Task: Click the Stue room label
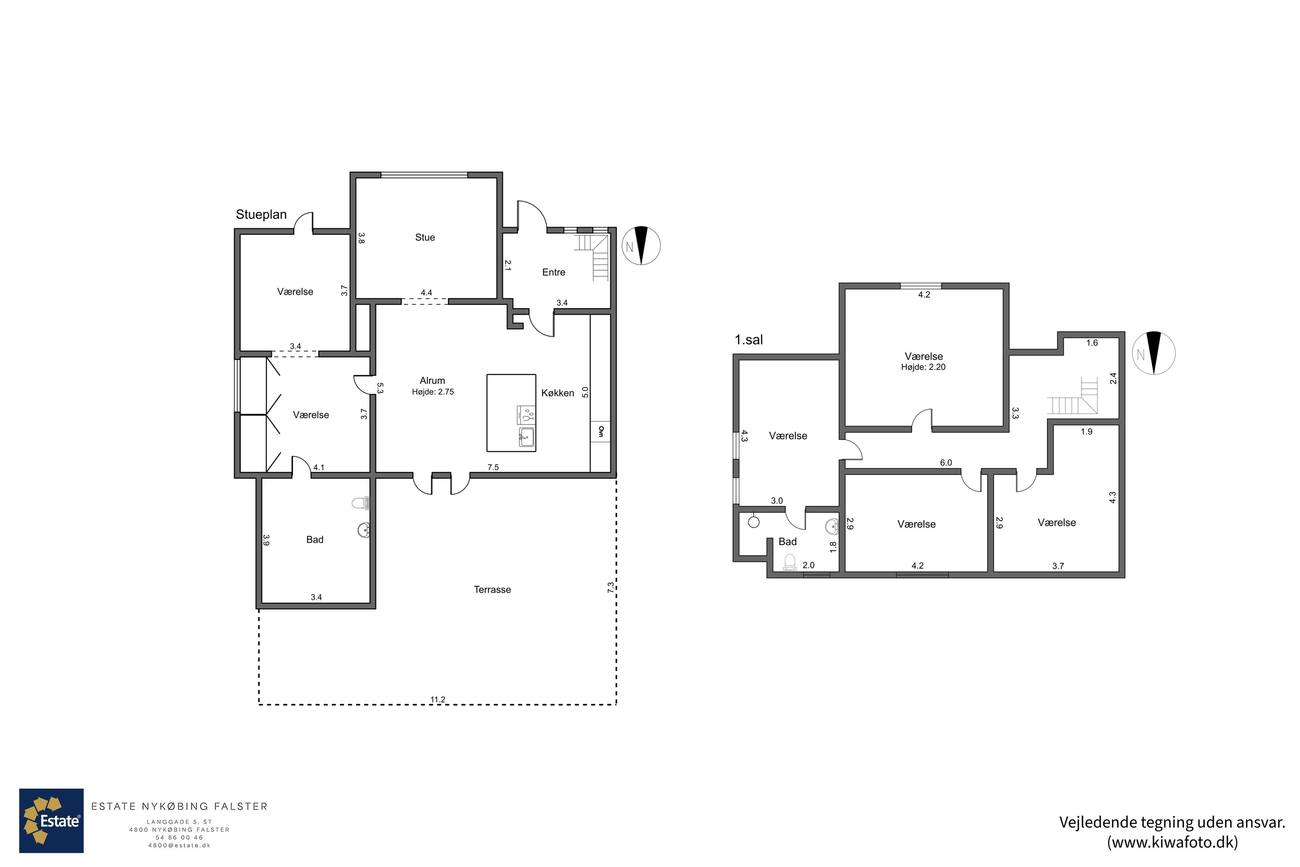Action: (425, 237)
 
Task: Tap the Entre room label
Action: (553, 272)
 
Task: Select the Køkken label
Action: (557, 393)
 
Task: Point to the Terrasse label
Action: (492, 590)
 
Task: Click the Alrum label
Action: (432, 381)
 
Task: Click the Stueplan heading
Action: (261, 215)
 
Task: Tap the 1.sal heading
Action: (748, 339)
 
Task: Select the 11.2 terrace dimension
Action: (438, 700)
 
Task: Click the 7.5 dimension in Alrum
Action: (493, 467)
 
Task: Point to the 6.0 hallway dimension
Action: (946, 463)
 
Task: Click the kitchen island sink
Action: (526, 437)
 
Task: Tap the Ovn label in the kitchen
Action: (601, 431)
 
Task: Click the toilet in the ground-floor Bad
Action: (361, 502)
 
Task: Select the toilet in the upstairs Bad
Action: (790, 563)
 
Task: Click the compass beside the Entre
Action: (641, 245)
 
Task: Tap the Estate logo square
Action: (52, 821)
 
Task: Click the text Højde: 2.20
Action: (923, 367)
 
